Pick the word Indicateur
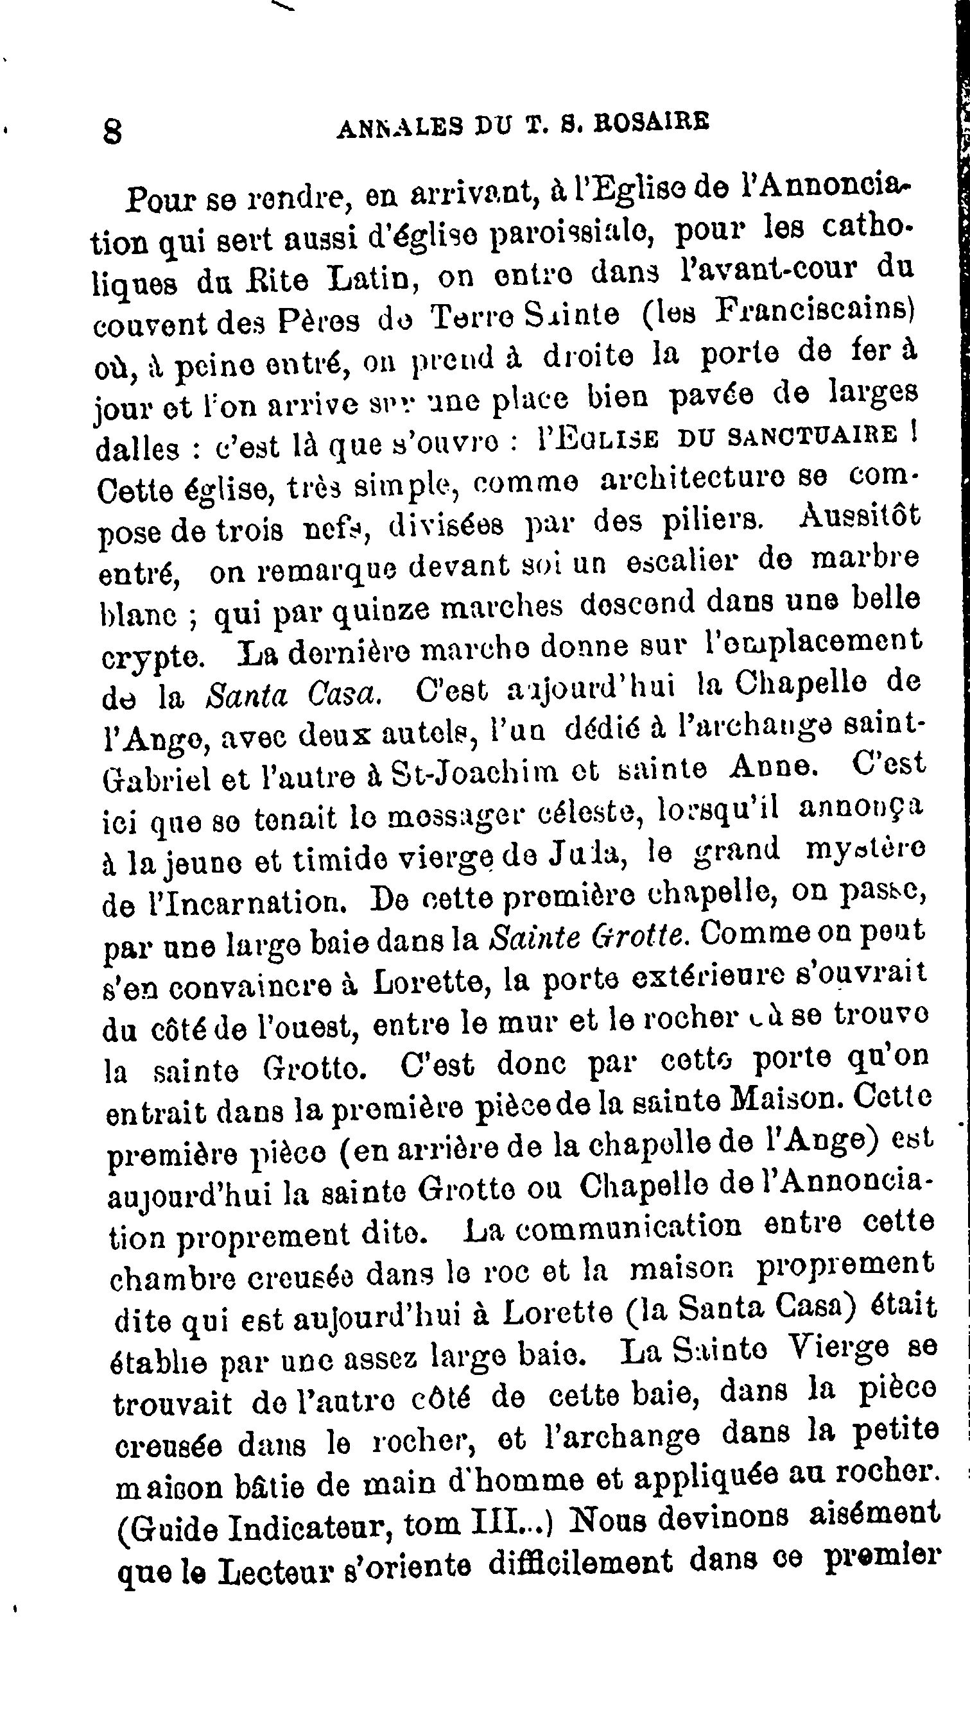(306, 1525)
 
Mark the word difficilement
(582, 1561)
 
